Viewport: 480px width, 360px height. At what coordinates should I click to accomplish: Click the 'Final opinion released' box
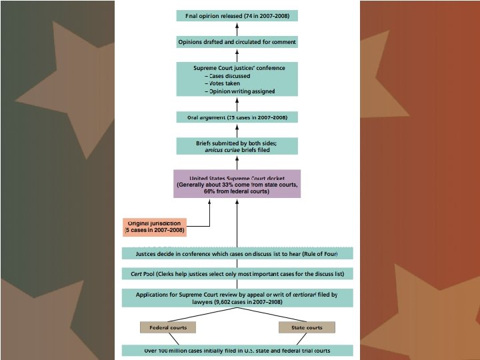coord(237,15)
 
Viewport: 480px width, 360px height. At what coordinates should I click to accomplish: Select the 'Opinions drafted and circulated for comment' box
coord(237,42)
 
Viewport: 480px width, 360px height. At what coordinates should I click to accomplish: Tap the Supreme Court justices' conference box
coord(237,79)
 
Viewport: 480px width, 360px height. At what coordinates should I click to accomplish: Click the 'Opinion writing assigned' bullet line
coord(241,91)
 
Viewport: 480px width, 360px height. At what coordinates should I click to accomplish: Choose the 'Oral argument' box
coord(237,117)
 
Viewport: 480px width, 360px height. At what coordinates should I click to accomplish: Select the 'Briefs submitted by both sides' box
coord(237,147)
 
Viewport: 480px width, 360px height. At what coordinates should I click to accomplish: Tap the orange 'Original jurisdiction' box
coord(155,227)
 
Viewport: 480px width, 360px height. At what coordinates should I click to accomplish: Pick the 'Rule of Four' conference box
coord(237,254)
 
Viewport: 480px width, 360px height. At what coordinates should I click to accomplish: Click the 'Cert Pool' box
coord(237,274)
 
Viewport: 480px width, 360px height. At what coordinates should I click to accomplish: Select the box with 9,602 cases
coord(237,298)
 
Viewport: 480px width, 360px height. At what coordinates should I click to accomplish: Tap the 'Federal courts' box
coord(168,327)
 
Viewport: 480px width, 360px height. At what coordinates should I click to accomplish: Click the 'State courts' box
coord(306,327)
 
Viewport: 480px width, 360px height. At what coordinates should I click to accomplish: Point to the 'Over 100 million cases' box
coord(237,350)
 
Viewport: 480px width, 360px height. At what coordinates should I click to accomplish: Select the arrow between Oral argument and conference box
coord(237,103)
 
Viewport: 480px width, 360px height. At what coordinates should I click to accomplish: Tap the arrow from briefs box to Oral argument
coord(237,131)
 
